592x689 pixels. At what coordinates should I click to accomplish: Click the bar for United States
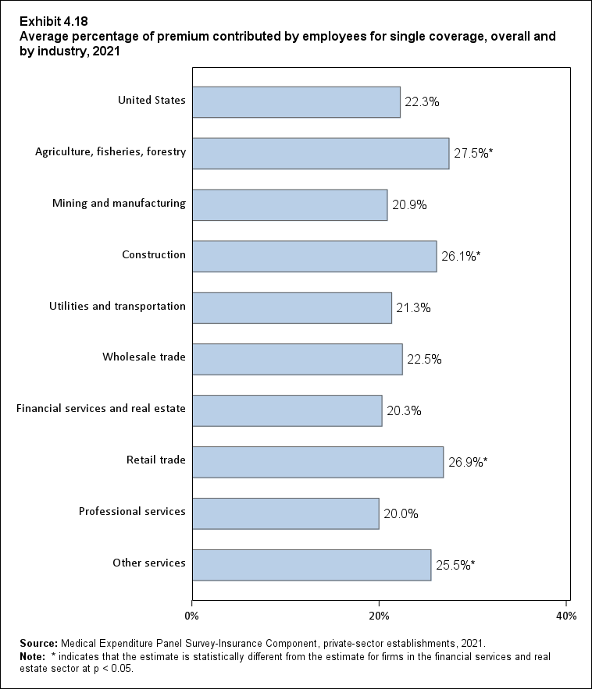[296, 102]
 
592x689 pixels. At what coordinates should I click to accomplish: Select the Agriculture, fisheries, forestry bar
[320, 154]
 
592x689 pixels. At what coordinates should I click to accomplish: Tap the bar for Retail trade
[318, 462]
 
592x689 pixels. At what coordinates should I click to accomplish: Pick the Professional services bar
[286, 513]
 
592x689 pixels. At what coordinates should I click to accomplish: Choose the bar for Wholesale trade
[298, 359]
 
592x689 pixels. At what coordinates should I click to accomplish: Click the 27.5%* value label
[474, 154]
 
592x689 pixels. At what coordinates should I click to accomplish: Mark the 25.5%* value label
[456, 565]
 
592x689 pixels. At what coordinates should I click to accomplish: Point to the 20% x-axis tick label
[379, 616]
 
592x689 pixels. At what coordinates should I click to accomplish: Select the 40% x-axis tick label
[565, 616]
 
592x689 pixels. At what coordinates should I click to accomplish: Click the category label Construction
[154, 254]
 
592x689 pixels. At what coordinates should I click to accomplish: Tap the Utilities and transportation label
[117, 306]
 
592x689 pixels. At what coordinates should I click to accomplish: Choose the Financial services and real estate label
[101, 408]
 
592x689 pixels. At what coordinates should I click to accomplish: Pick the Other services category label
[149, 563]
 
